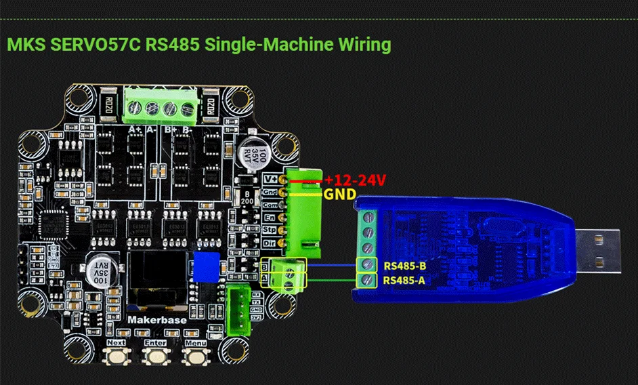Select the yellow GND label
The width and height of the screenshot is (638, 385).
pos(339,195)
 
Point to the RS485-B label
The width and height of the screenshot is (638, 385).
pos(405,266)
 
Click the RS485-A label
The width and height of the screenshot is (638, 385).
pos(405,280)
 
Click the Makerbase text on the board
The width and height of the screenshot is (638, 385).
pos(154,318)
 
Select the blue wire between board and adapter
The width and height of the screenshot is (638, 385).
pos(332,266)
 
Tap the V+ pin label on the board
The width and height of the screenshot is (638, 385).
pos(269,180)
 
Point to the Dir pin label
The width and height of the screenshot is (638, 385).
pos(269,243)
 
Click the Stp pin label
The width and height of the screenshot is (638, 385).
pos(269,230)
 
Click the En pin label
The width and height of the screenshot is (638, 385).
pos(269,218)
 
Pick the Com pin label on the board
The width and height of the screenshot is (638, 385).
pos(269,205)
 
